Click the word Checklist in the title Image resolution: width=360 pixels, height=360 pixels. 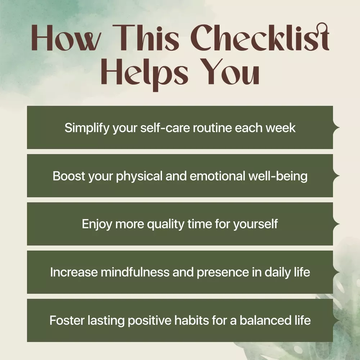(x=260, y=37)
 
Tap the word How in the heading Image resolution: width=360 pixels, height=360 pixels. (x=66, y=38)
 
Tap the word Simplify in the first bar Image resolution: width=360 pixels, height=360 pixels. (x=87, y=128)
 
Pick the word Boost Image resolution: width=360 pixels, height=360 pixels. (x=69, y=176)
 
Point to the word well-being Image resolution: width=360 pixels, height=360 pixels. (x=278, y=176)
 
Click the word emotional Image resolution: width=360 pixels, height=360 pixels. (x=218, y=176)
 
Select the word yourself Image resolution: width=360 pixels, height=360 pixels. (x=256, y=224)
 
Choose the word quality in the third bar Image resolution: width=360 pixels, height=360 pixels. (x=166, y=224)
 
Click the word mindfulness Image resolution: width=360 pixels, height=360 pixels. (x=135, y=272)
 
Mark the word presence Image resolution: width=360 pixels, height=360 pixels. (x=223, y=273)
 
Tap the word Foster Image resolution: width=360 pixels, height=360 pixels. (x=67, y=320)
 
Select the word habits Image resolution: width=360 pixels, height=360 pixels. (x=192, y=320)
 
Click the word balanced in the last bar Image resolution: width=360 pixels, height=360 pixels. (x=266, y=320)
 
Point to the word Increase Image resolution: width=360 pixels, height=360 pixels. (x=74, y=272)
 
